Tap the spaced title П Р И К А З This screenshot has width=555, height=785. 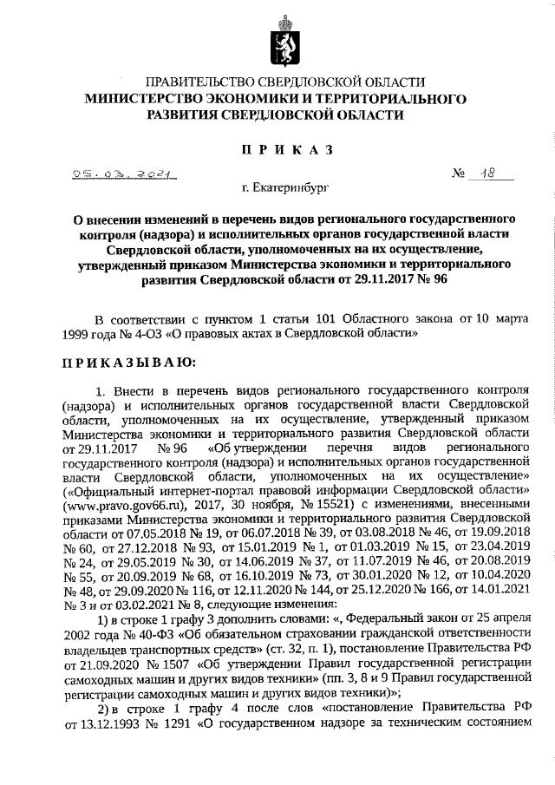[277, 151]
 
